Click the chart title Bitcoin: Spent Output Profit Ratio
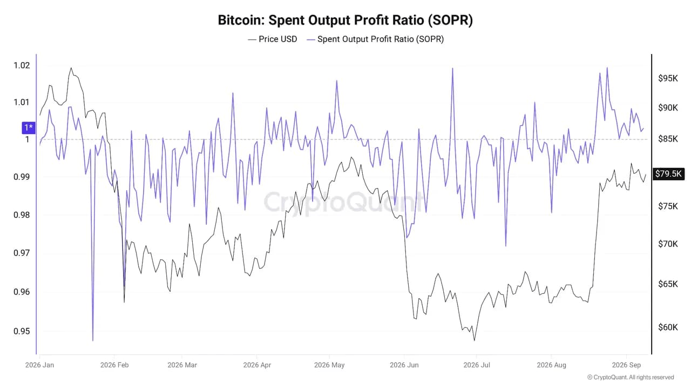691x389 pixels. point(345,21)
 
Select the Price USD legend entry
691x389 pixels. point(273,39)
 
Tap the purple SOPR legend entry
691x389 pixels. point(375,39)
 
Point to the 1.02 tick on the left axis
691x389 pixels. point(22,65)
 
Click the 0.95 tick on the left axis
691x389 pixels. point(22,331)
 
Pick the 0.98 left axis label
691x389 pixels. point(22,215)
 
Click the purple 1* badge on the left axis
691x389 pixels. point(29,128)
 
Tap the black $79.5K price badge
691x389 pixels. point(668,174)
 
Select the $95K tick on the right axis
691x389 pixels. point(668,78)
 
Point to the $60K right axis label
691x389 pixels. point(668,327)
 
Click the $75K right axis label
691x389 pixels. point(668,206)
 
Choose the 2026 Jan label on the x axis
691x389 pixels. point(39,365)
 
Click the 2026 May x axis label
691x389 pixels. point(329,365)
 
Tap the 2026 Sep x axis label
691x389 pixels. point(626,365)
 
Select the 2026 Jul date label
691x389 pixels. point(477,365)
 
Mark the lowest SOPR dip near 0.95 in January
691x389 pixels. point(93,340)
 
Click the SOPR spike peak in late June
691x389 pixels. point(452,69)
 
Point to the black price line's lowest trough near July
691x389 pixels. point(474,340)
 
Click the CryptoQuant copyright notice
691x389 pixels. point(630,377)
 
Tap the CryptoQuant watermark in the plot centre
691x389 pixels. point(343,203)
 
